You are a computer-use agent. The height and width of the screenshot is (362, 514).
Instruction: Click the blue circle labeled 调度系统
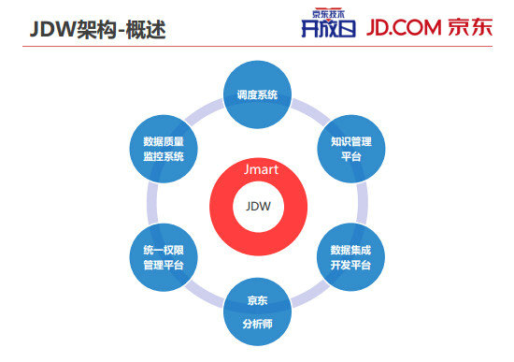[257, 94]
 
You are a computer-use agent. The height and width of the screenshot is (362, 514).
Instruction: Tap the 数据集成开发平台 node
[350, 257]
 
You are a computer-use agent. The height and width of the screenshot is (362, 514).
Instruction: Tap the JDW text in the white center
[257, 207]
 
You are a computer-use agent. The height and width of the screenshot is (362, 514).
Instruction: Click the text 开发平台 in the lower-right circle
[350, 266]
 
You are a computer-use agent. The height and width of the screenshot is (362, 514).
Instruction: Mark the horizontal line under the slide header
[257, 46]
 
